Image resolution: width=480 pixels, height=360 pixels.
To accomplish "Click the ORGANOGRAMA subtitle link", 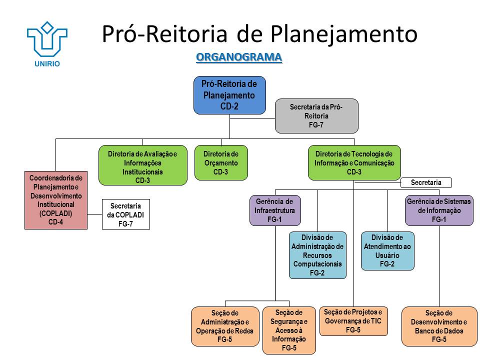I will click(x=239, y=57).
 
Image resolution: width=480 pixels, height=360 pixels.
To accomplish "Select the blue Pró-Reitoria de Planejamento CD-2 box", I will click(x=229, y=95).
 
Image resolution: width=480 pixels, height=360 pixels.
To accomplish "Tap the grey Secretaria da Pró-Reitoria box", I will click(x=316, y=116).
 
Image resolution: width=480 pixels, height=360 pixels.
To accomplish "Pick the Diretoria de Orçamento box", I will click(x=220, y=162).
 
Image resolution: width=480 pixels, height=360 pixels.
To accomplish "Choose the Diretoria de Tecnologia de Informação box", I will click(x=354, y=162).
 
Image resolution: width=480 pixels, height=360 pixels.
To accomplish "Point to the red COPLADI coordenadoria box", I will click(x=55, y=200).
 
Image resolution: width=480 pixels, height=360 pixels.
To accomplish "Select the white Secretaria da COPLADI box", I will click(x=125, y=214).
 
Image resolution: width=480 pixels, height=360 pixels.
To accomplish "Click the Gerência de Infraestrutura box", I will click(x=275, y=210).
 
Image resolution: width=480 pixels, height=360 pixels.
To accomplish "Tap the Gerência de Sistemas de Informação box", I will click(x=439, y=210).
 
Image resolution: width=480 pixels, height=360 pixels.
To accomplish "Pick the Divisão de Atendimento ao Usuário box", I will click(x=387, y=251).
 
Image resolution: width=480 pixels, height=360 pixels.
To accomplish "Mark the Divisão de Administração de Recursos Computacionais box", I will click(x=317, y=255).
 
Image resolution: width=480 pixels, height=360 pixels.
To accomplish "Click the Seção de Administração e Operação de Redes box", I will click(x=225, y=326).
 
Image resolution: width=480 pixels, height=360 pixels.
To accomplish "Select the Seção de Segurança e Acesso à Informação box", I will click(x=289, y=330).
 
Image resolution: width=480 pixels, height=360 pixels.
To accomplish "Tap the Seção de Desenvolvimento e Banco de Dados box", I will click(x=439, y=326).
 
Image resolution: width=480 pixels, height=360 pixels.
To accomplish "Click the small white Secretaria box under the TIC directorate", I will click(x=426, y=183).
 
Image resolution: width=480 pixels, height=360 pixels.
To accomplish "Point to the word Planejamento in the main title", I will click(x=345, y=34).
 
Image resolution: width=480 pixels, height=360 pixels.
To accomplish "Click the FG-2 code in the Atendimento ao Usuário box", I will click(x=387, y=264).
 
